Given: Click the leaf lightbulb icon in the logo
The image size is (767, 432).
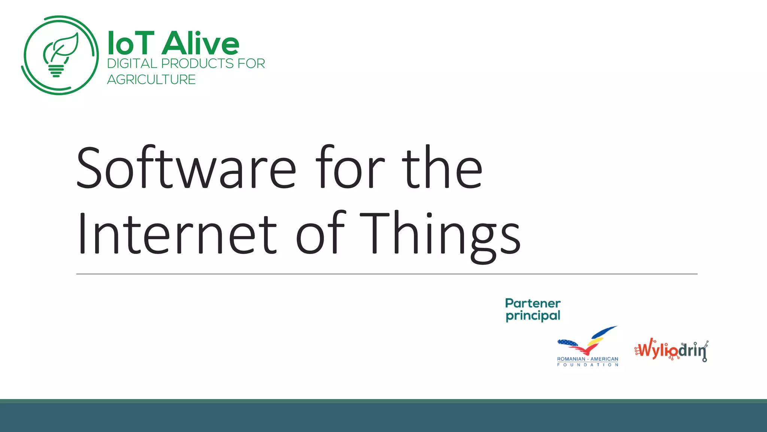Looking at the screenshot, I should (x=60, y=55).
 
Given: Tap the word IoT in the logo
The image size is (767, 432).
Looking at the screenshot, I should (x=131, y=43).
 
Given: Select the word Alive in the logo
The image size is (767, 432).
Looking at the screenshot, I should (x=201, y=43).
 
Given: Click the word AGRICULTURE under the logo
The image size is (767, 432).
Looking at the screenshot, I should (x=151, y=80).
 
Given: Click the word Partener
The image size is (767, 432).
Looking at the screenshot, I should (x=533, y=303).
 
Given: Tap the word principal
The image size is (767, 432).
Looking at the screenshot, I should (x=533, y=316).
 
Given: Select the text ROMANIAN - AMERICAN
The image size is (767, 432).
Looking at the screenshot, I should (x=587, y=359).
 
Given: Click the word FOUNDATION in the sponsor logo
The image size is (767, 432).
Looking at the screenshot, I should (x=587, y=364).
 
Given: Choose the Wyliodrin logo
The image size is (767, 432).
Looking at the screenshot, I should (x=671, y=350).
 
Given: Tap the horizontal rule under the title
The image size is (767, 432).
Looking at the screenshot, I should (x=386, y=274).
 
